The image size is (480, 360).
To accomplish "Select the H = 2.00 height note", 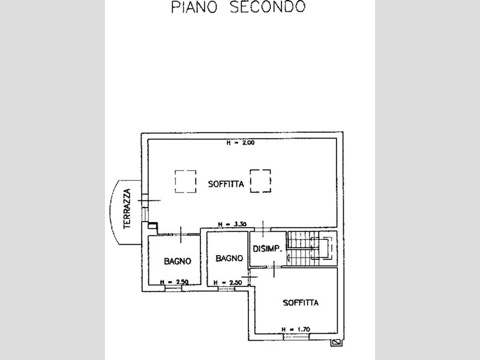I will pos(236,143).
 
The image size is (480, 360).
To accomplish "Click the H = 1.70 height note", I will pos(296,329).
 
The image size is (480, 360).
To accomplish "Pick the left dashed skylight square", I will pos(185,181).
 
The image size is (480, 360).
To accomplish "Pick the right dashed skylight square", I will pos(260,181).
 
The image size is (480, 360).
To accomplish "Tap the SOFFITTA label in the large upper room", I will pos(226,184).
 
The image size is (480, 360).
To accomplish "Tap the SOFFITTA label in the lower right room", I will pos(301,303).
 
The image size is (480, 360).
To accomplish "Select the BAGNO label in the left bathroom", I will pos(177,261).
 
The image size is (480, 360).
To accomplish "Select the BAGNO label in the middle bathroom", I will pos(229,258).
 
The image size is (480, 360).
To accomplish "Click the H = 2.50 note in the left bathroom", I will pos(174,282).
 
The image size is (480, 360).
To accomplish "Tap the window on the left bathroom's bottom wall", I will pos(173,288).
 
